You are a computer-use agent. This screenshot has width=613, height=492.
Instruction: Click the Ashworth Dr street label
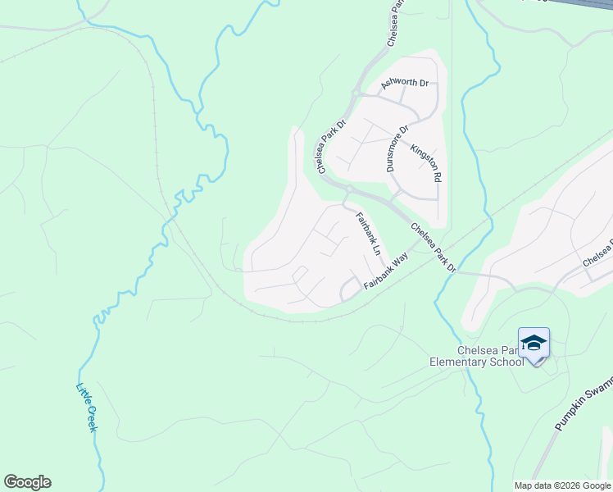(405, 84)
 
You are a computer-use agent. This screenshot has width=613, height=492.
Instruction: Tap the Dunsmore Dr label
(397, 148)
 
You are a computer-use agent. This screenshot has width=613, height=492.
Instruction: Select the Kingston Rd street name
(426, 164)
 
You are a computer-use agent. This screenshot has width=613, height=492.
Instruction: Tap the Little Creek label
(87, 408)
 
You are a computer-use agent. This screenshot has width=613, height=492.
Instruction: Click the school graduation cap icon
(534, 343)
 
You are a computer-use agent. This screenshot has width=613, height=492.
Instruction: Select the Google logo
(27, 482)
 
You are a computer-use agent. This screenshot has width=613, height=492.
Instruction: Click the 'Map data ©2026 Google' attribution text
(562, 485)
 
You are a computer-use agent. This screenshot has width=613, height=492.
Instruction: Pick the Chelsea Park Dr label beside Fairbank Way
(434, 248)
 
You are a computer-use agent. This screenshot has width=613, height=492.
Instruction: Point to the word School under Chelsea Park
(506, 362)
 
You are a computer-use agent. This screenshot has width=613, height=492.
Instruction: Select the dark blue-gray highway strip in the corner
(582, 7)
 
